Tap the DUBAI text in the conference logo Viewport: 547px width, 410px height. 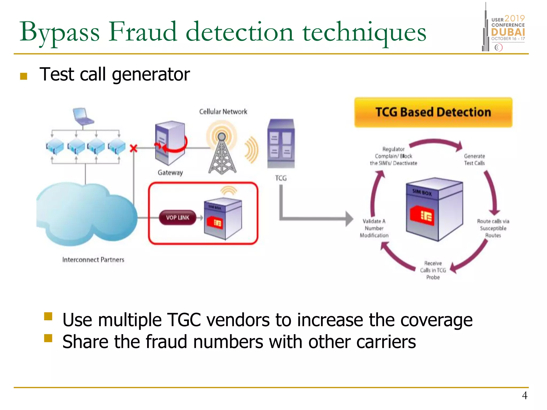pos(508,32)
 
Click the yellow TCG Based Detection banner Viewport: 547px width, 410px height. pos(433,112)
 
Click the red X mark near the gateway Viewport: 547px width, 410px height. pos(133,148)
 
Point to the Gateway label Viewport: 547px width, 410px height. pos(170,173)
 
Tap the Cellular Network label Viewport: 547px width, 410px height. pos(223,112)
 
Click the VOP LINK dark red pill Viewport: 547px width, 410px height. pos(177,218)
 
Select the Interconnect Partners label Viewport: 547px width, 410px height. pos(93,260)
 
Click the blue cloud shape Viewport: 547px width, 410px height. pos(85,214)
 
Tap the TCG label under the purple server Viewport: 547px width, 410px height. pos(281,178)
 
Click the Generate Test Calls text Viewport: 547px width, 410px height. pos(474,160)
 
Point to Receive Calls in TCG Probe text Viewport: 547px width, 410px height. pos(433,270)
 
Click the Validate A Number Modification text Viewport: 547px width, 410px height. pos(374,228)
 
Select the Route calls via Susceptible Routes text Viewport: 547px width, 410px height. pos(493,228)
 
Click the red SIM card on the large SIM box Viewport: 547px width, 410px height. pos(422,216)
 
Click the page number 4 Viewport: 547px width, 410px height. pos(524,396)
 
